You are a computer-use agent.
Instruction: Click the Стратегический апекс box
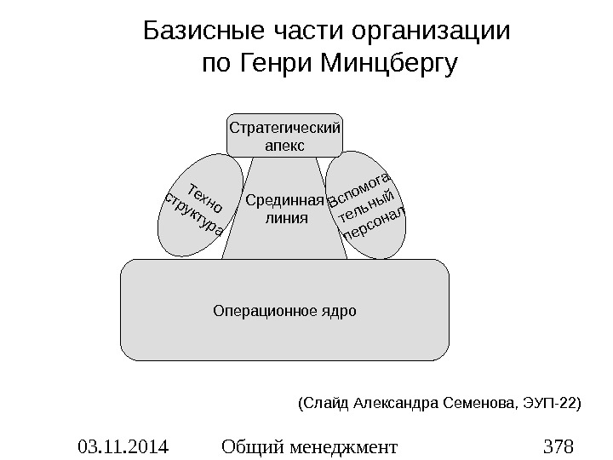point(284,136)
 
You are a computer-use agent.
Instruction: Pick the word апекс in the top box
point(284,146)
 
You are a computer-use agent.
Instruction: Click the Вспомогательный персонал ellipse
point(367,204)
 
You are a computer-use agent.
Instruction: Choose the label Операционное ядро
point(284,309)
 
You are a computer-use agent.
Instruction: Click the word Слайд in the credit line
point(324,400)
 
